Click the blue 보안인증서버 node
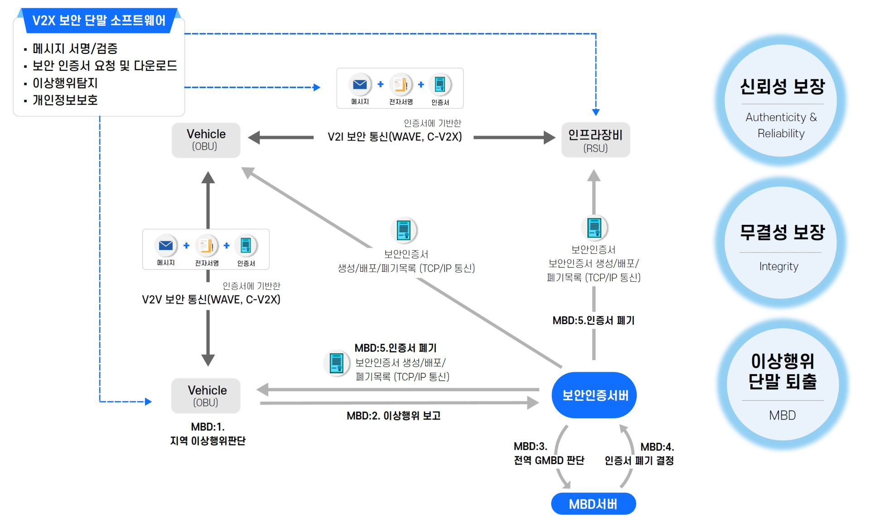(594, 395)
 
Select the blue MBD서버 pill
(593, 503)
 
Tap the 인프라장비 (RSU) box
(595, 140)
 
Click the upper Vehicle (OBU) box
(206, 140)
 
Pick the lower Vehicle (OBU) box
(206, 395)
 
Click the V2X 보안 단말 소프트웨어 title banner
(99, 20)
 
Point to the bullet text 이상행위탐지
(65, 83)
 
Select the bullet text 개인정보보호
(65, 100)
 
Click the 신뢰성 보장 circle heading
(782, 86)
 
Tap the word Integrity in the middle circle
(778, 266)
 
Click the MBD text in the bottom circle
(782, 415)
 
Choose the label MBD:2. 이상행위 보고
(393, 415)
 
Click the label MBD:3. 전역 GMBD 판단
(549, 454)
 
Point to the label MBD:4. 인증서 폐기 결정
(639, 454)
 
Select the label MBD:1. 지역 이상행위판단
(208, 434)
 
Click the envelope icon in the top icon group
(360, 84)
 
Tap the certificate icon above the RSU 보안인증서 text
(594, 227)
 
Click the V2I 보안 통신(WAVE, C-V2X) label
(395, 137)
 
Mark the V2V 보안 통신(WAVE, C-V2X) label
(211, 299)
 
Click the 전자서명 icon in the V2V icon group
(207, 245)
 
